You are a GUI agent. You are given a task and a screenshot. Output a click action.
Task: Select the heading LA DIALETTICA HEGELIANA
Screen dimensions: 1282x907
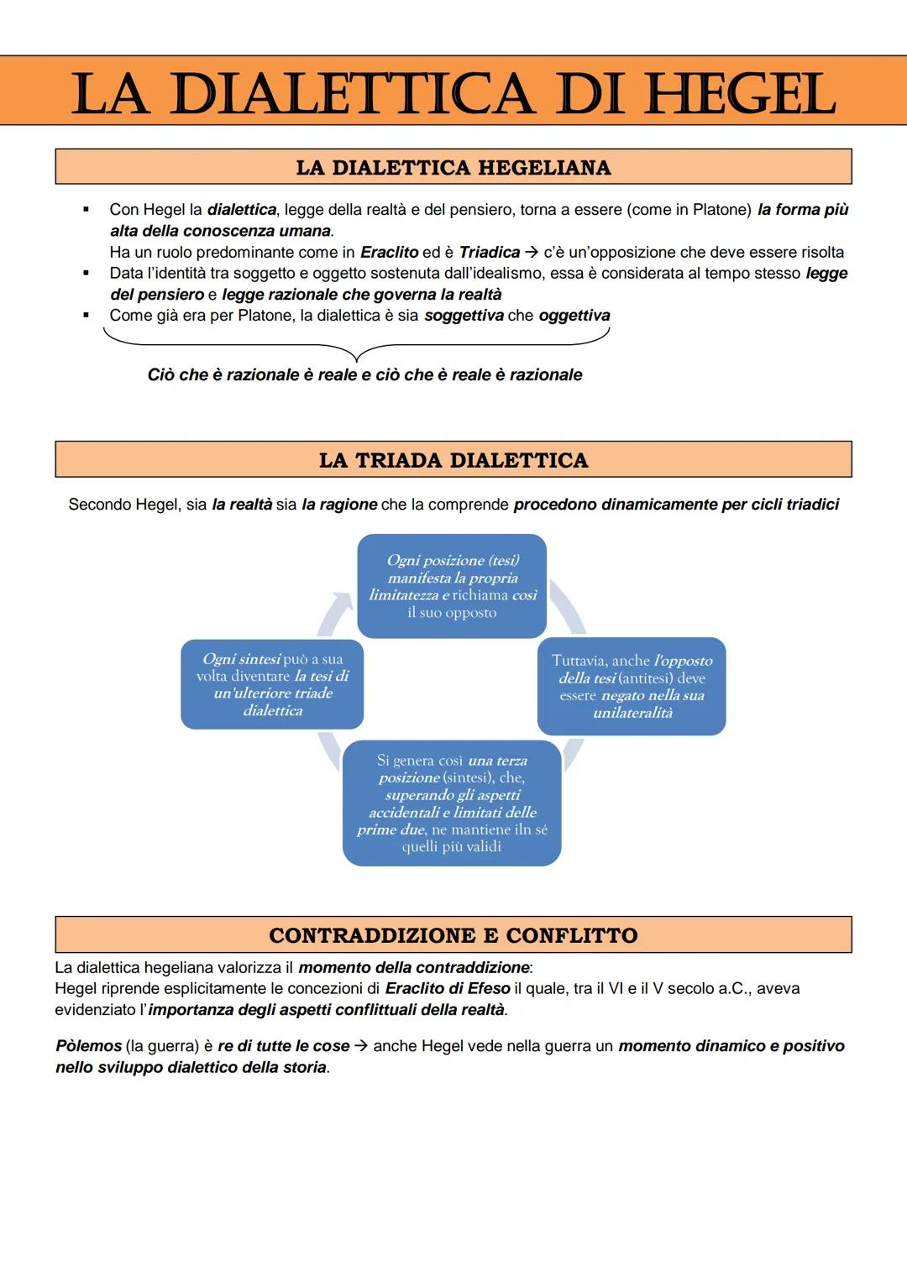pyautogui.click(x=453, y=167)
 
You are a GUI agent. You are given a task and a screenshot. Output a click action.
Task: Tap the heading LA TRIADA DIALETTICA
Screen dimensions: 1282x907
pyautogui.click(x=453, y=460)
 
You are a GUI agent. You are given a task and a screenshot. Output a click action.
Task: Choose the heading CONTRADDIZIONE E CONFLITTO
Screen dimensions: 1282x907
pyautogui.click(x=453, y=935)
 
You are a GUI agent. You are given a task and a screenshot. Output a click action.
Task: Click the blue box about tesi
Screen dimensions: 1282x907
pyautogui.click(x=452, y=586)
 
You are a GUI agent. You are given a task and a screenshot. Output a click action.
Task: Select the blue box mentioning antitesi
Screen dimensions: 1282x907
pyautogui.click(x=632, y=686)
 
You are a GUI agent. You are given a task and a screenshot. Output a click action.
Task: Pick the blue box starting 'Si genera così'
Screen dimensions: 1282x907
pyautogui.click(x=452, y=803)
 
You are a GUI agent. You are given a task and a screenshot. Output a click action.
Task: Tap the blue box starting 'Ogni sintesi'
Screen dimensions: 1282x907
pyautogui.click(x=272, y=684)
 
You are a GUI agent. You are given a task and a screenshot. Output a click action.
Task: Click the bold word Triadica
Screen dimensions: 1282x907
pyautogui.click(x=490, y=252)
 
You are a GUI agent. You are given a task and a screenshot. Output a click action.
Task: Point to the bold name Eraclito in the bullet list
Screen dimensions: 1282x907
pyautogui.click(x=390, y=252)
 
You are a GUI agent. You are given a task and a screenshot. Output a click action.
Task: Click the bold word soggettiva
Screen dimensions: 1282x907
pyautogui.click(x=464, y=316)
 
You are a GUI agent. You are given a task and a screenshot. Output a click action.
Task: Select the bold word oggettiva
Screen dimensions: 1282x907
pyautogui.click(x=574, y=316)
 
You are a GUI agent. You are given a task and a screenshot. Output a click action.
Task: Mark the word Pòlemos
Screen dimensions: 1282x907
pyautogui.click(x=88, y=1046)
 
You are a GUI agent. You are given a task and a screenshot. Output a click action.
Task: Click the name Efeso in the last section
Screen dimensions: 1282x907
pyautogui.click(x=490, y=989)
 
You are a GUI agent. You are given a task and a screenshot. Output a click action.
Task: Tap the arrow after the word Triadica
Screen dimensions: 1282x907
pyautogui.click(x=532, y=252)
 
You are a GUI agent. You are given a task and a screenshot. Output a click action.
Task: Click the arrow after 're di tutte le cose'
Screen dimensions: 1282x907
pyautogui.click(x=361, y=1046)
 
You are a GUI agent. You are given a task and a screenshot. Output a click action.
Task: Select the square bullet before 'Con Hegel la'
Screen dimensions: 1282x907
pyautogui.click(x=86, y=209)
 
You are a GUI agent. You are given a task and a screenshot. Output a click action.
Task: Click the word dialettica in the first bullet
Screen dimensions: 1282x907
pyautogui.click(x=242, y=209)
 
